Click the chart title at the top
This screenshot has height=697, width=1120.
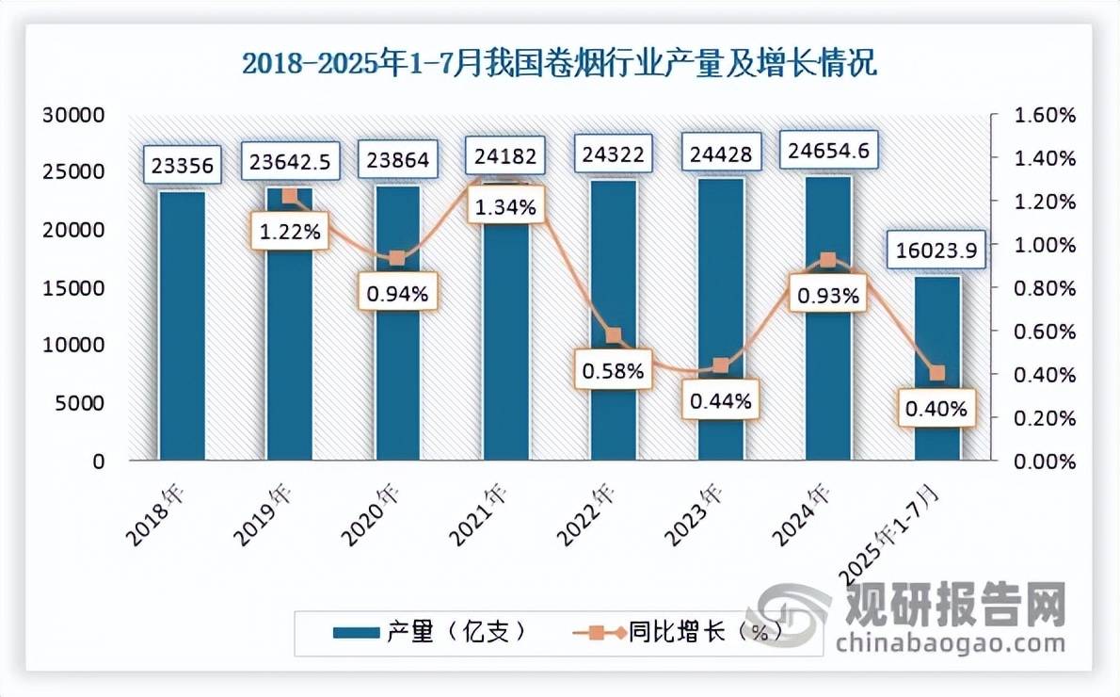pos(559,64)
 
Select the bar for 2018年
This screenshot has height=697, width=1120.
pos(182,325)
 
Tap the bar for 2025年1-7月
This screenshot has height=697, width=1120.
pos(937,367)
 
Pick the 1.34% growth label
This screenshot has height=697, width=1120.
pos(505,207)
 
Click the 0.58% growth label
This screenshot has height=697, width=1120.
pos(613,370)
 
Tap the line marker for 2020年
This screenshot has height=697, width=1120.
pos(397,258)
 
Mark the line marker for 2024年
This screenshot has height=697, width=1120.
pos(827,260)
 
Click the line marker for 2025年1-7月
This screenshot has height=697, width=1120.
pos(936,374)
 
